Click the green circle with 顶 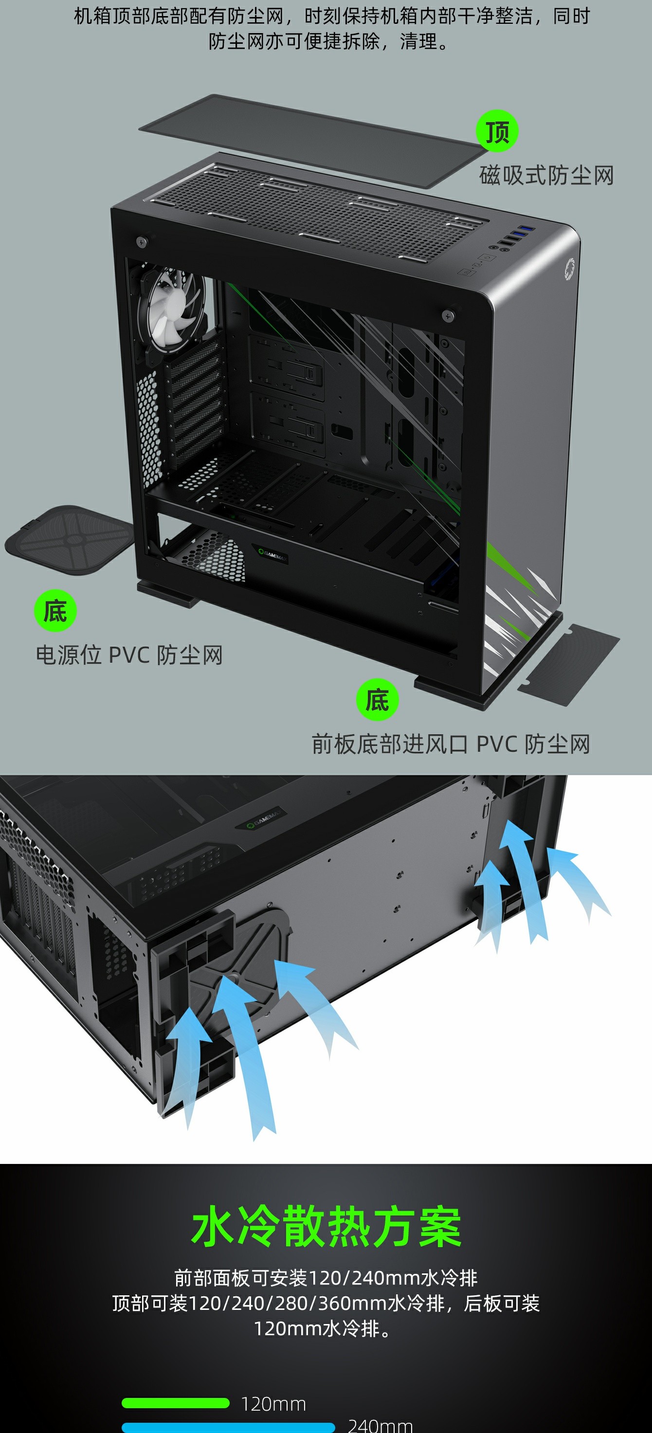[x=497, y=131]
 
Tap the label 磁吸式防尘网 [x=547, y=175]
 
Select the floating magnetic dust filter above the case [x=313, y=140]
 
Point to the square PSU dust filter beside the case [x=69, y=539]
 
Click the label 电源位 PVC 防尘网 [x=129, y=655]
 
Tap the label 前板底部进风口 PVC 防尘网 [x=451, y=744]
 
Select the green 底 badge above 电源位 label [x=55, y=611]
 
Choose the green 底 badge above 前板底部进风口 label [x=377, y=699]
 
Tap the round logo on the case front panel [x=569, y=269]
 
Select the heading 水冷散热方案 [x=326, y=1227]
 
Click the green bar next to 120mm [x=175, y=1403]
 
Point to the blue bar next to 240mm [x=228, y=1428]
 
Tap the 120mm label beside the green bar [x=273, y=1404]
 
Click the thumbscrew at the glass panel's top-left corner [x=141, y=241]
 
